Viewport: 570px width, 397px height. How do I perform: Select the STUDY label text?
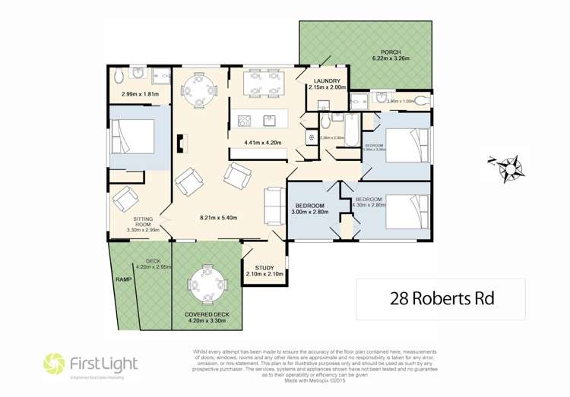[264, 268]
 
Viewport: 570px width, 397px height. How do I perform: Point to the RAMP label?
[123, 279]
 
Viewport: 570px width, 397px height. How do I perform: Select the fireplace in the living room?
[182, 144]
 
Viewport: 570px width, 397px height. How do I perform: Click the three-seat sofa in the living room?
[273, 203]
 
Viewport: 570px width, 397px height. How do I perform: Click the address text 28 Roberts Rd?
[441, 298]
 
